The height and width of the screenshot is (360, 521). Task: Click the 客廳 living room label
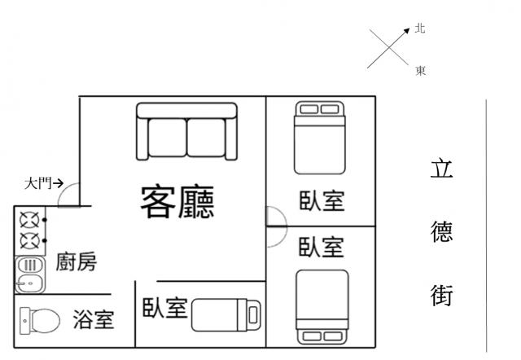point(177,201)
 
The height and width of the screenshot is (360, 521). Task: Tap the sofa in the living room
point(186,131)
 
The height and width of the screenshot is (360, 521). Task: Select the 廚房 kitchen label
point(76,262)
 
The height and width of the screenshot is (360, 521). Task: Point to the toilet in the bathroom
point(38,320)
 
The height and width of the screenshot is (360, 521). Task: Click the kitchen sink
point(29,274)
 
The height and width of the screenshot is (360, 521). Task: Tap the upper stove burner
point(30,220)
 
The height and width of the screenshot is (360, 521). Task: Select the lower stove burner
point(30,240)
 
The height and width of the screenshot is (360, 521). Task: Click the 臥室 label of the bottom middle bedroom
point(165,309)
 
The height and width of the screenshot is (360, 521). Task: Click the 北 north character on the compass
point(420,29)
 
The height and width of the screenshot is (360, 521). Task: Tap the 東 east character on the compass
point(421,71)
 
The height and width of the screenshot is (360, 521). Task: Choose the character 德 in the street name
point(441,232)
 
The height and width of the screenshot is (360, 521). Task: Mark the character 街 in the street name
point(441,295)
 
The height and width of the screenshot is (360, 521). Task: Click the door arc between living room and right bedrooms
point(275,216)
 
